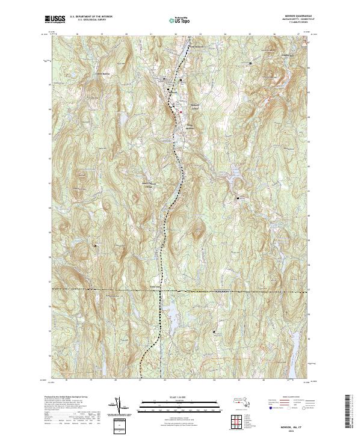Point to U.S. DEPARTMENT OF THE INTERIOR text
click(90, 16)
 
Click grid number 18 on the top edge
click(79, 35)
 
